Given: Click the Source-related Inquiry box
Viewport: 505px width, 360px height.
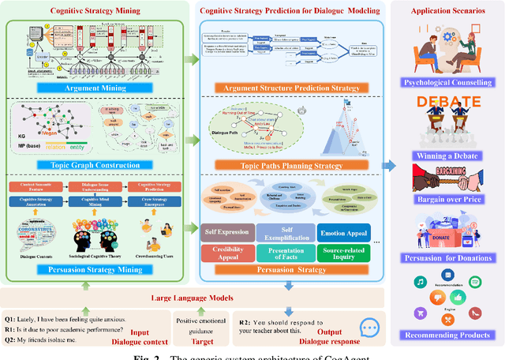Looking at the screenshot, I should pos(346,253).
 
